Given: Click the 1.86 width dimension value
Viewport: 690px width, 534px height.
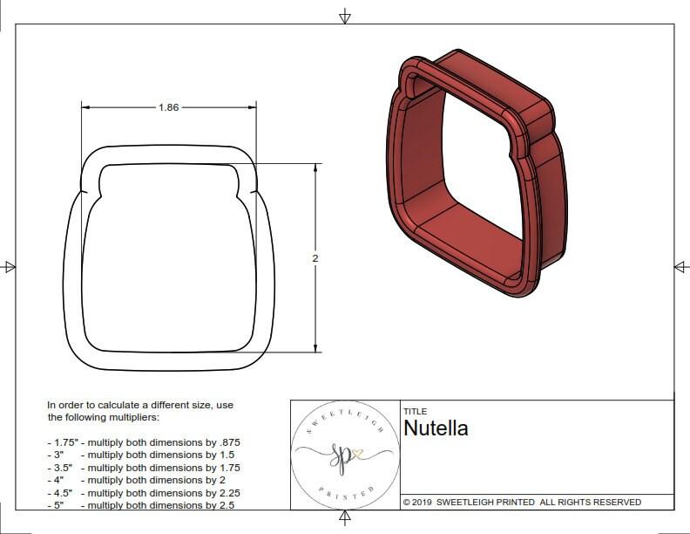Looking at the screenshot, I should pyautogui.click(x=169, y=107).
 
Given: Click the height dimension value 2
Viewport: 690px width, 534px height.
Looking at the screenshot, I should pyautogui.click(x=315, y=259).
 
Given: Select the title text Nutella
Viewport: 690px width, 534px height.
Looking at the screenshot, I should pyautogui.click(x=436, y=428).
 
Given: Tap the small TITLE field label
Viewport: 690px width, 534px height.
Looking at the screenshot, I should pyautogui.click(x=415, y=411).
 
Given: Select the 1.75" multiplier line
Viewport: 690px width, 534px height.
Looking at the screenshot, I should pyautogui.click(x=144, y=442).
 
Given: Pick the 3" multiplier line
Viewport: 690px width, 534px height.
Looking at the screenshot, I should pyautogui.click(x=140, y=455).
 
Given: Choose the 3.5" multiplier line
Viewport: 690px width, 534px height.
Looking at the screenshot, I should pyautogui.click(x=144, y=468).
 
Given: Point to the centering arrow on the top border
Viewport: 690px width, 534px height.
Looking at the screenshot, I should pyautogui.click(x=345, y=16).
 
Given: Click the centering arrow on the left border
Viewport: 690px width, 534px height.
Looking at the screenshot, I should pyautogui.click(x=10, y=266).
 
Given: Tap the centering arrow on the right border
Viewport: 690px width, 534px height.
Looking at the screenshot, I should pyautogui.click(x=680, y=266).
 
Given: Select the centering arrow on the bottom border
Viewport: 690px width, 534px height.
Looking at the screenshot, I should pyautogui.click(x=345, y=518).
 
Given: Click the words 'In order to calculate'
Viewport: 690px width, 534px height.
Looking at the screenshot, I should pyautogui.click(x=96, y=405).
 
